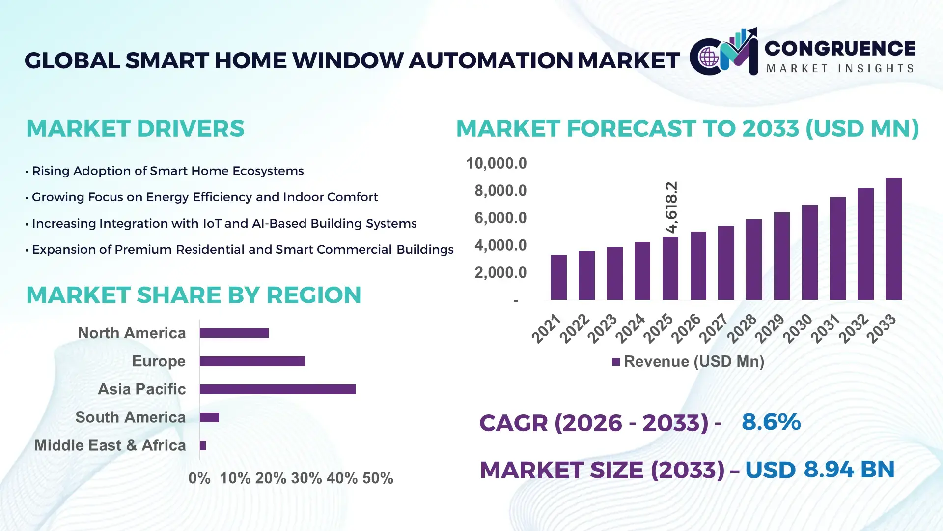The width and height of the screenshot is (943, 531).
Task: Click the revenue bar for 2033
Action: tap(893, 239)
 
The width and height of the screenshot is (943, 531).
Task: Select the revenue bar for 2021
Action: tap(558, 277)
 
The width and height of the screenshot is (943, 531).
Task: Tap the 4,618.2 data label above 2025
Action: tap(671, 207)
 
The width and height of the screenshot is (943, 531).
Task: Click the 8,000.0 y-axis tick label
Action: tap(500, 191)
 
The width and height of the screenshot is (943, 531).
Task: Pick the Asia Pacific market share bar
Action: tap(277, 389)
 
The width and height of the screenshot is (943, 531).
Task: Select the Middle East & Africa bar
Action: tap(203, 445)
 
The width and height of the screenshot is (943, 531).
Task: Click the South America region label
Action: tap(131, 417)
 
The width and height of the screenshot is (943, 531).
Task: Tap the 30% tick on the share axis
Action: tap(306, 478)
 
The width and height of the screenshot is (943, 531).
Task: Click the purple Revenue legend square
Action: tap(616, 362)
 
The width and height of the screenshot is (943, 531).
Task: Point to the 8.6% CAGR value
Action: tap(771, 422)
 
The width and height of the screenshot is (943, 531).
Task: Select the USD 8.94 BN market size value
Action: tap(819, 470)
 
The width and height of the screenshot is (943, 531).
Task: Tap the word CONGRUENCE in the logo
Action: tap(840, 48)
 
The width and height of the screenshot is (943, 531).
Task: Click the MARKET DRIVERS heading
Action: tap(135, 129)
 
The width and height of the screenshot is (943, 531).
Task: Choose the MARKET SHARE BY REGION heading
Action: tap(194, 295)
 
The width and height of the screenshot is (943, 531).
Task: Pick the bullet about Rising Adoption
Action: tap(167, 171)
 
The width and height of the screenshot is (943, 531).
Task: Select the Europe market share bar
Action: tap(252, 361)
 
